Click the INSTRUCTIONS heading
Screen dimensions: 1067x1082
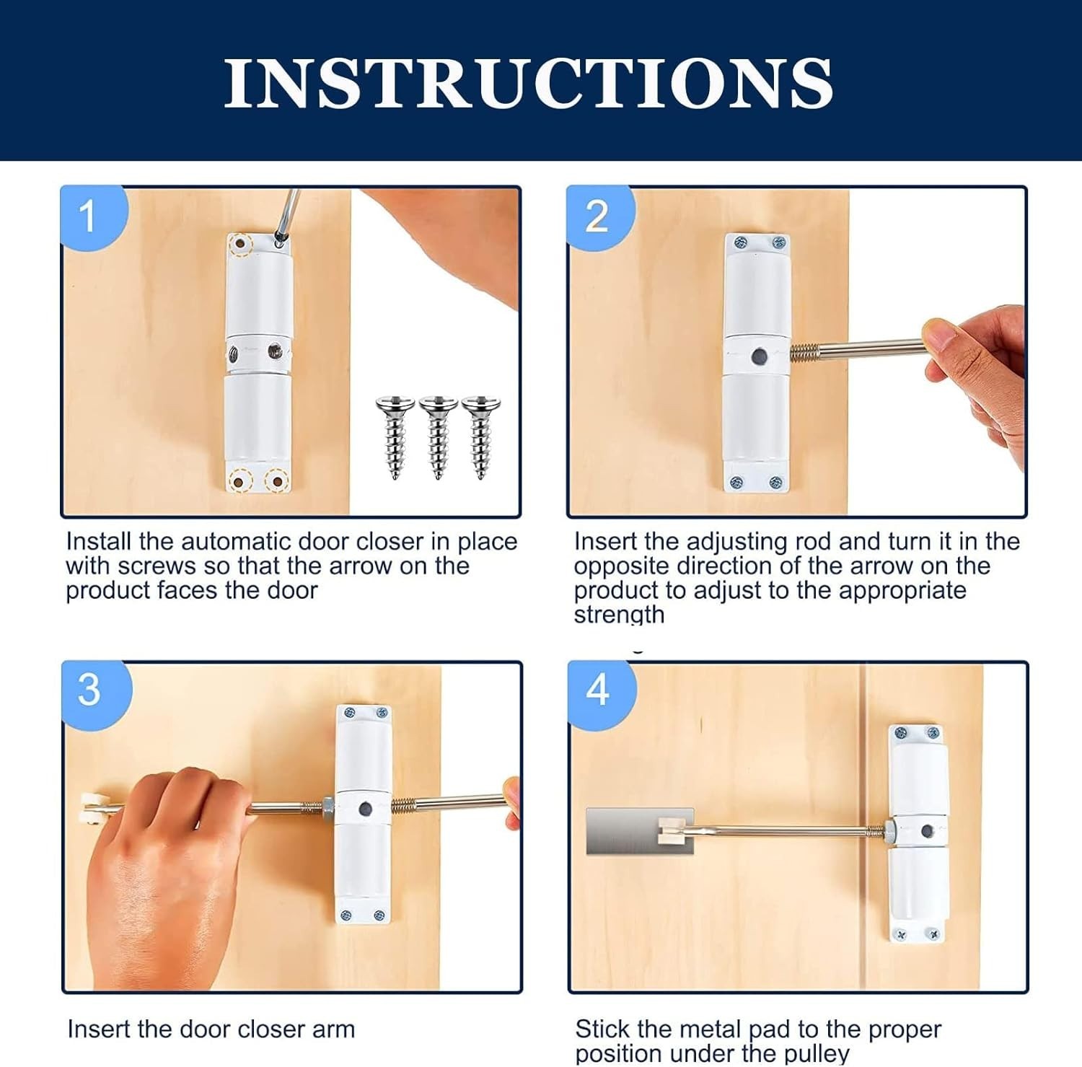pyautogui.click(x=528, y=83)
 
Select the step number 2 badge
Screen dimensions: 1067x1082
pyautogui.click(x=597, y=216)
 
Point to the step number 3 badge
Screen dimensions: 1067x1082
pyautogui.click(x=90, y=690)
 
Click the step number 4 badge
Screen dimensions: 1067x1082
pyautogui.click(x=598, y=690)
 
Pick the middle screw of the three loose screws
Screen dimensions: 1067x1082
pyautogui.click(x=438, y=436)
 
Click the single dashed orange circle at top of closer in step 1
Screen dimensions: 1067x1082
pyautogui.click(x=238, y=246)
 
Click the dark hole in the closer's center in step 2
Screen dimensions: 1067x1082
pyautogui.click(x=759, y=356)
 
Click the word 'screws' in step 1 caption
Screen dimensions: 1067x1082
pyautogui.click(x=157, y=566)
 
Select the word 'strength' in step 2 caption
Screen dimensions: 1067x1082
pyautogui.click(x=619, y=615)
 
